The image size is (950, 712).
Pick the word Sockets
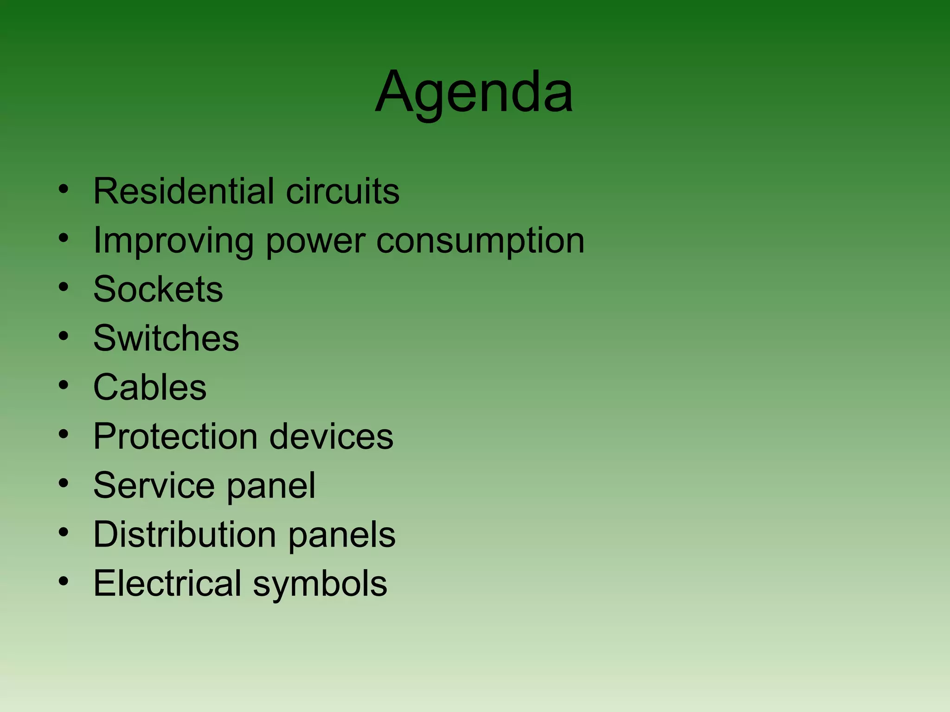point(158,289)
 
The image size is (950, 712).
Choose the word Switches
point(166,338)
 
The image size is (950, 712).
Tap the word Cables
point(150,387)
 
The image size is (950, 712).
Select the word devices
point(331,436)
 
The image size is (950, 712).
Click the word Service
point(154,485)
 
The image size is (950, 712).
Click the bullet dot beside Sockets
point(64,287)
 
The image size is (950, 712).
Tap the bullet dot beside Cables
point(64,385)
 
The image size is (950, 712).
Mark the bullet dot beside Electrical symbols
point(64,581)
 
